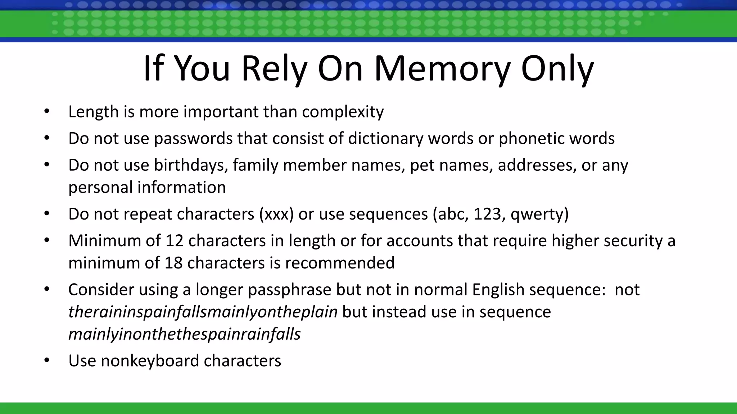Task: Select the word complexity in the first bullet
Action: (343, 112)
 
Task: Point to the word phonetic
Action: (532, 138)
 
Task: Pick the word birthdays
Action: (191, 165)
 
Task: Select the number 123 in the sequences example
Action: (487, 214)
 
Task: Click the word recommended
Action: (340, 263)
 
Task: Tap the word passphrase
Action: (289, 290)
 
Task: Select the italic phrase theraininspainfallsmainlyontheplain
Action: (203, 312)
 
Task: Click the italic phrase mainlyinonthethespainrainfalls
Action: (184, 334)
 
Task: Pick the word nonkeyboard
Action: (150, 361)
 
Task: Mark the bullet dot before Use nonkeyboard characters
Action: (46, 360)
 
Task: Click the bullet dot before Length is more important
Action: (46, 111)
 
